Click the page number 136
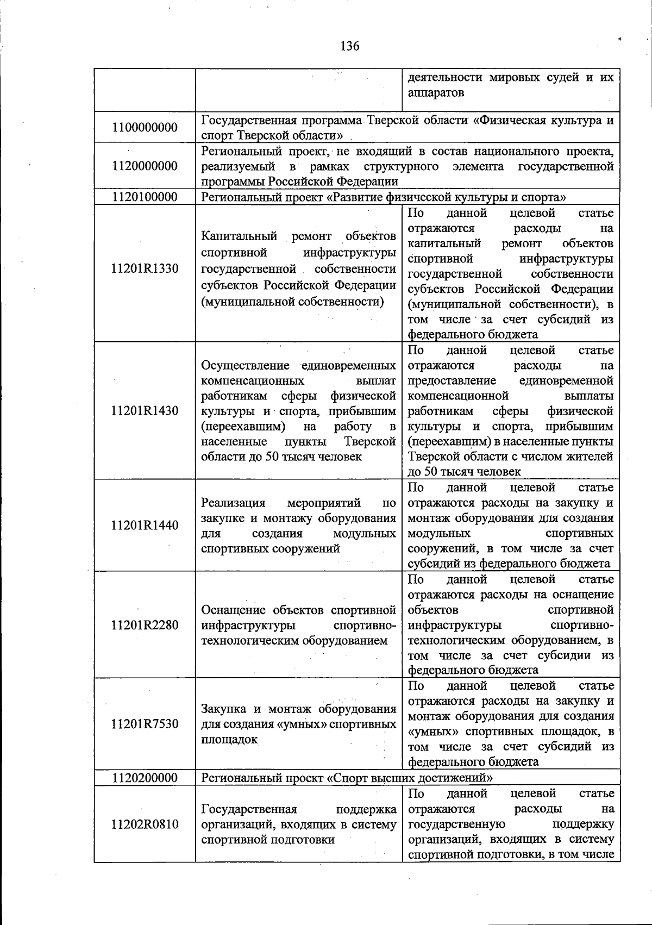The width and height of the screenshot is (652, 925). pyautogui.click(x=350, y=46)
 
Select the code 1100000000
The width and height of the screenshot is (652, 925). pyautogui.click(x=145, y=127)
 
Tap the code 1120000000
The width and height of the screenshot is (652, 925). pyautogui.click(x=145, y=166)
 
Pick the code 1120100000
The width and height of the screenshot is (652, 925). pyautogui.click(x=145, y=197)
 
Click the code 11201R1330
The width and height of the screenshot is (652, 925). pyautogui.click(x=145, y=268)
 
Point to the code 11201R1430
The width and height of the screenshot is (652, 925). pyautogui.click(x=145, y=410)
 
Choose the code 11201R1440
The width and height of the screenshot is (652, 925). pyautogui.click(x=145, y=525)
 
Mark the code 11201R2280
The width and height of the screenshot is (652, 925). pyautogui.click(x=145, y=625)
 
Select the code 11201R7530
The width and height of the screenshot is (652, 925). pyautogui.click(x=145, y=724)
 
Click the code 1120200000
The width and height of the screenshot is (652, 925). pyautogui.click(x=145, y=778)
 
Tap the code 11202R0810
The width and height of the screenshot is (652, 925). pyautogui.click(x=145, y=824)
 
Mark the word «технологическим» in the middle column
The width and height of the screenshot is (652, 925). pyautogui.click(x=250, y=640)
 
